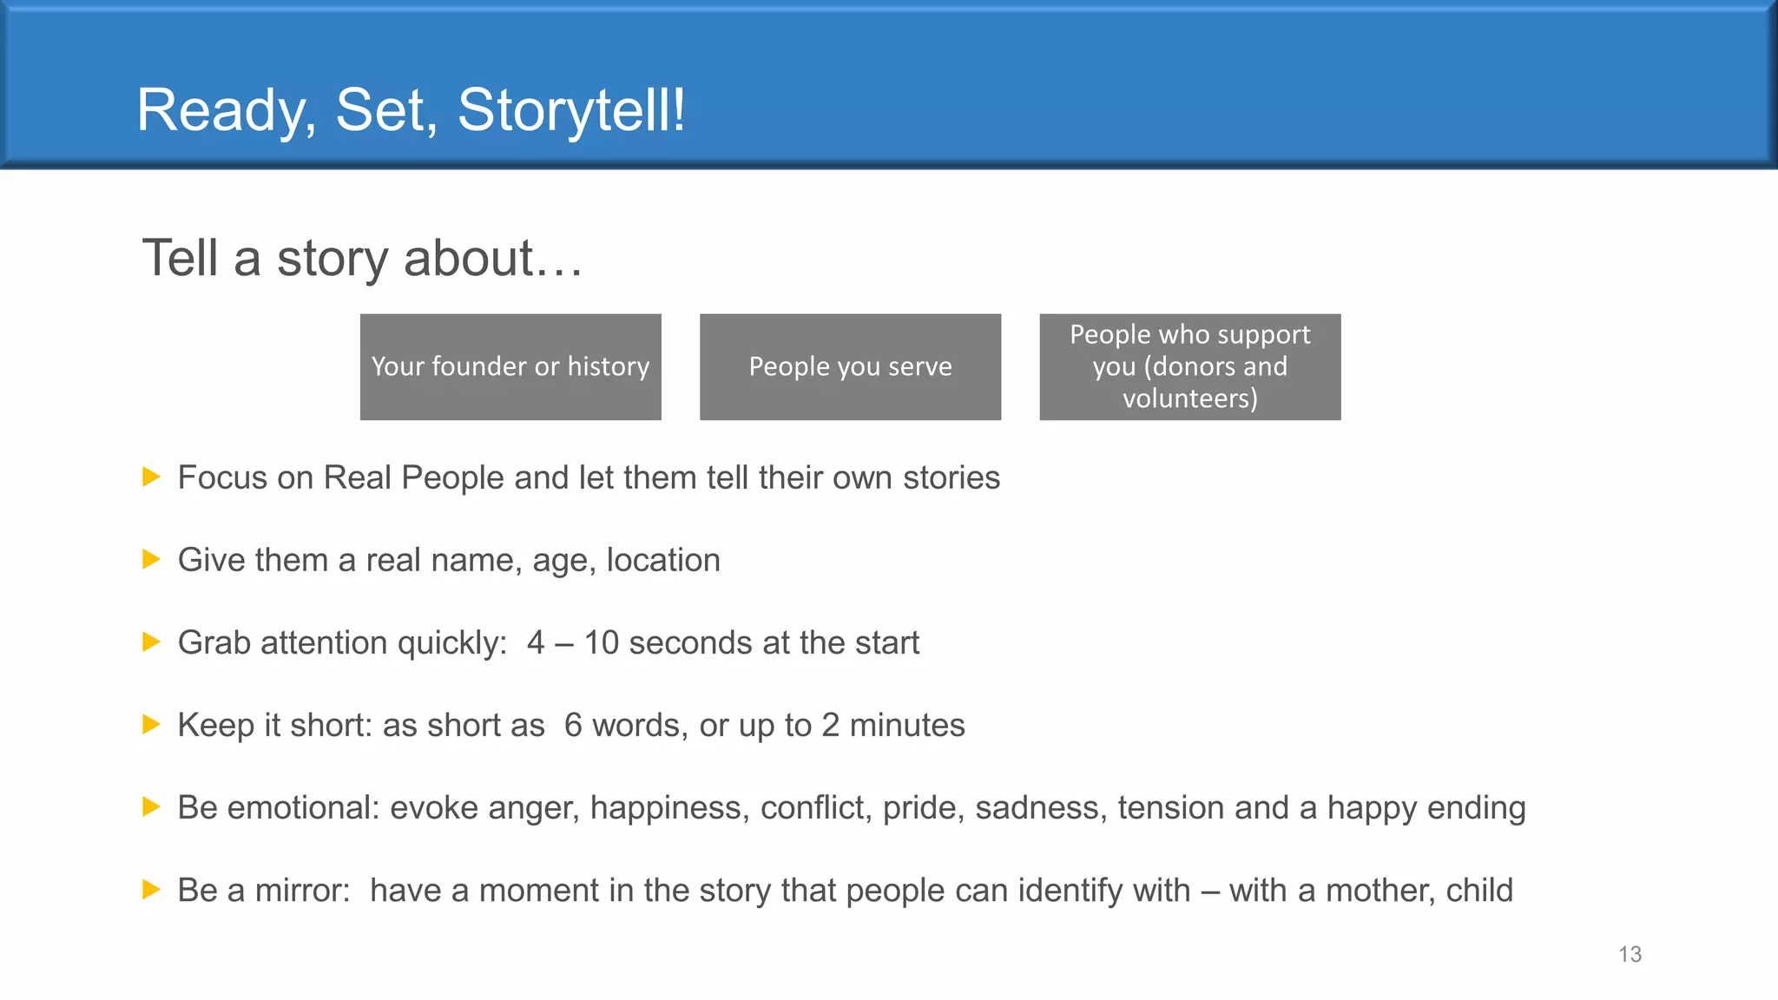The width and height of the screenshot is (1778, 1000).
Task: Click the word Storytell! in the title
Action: click(571, 111)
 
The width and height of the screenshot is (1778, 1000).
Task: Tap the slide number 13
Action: click(1630, 955)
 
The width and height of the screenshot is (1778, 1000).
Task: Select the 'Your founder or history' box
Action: click(510, 367)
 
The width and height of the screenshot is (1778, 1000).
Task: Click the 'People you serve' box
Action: click(850, 367)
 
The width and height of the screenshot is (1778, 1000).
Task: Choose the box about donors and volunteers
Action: click(1189, 367)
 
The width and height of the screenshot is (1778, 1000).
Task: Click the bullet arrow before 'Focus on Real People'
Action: click(151, 477)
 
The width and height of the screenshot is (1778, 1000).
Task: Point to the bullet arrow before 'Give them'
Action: click(151, 559)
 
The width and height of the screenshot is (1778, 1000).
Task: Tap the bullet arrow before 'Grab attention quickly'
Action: click(151, 641)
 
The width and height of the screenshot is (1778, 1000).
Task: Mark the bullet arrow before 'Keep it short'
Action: click(151, 724)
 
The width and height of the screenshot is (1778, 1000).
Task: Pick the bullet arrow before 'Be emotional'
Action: click(151, 806)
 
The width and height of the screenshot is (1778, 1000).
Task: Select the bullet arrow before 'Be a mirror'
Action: click(151, 889)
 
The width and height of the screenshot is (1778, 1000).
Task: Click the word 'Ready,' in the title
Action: click(227, 111)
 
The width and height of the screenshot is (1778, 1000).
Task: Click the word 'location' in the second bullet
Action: click(663, 561)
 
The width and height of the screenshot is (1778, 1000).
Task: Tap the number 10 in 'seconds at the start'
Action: click(601, 643)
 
